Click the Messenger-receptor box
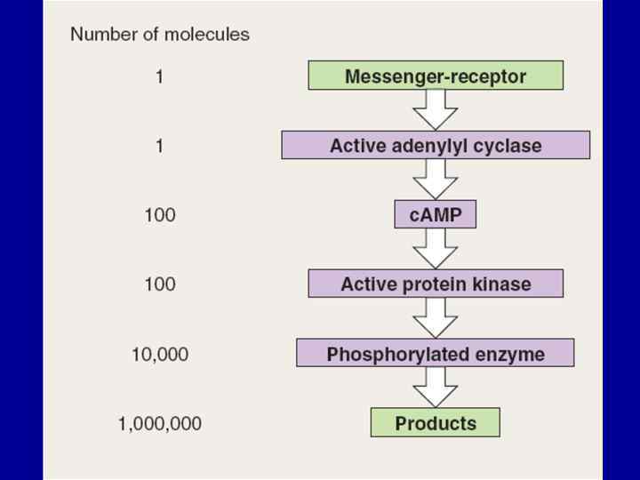tap(436, 76)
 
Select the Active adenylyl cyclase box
tap(436, 145)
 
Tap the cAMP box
tap(436, 214)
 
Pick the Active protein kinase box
tap(436, 284)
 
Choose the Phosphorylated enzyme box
tap(436, 353)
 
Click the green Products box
tap(436, 422)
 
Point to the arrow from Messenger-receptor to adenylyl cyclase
tap(436, 109)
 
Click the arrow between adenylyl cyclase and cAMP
tap(436, 180)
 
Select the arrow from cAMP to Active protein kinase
tap(436, 249)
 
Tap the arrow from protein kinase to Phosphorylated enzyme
tap(436, 318)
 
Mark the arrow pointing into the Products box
tap(436, 388)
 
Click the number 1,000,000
tap(160, 423)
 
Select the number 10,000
tap(160, 354)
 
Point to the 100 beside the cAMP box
tap(160, 215)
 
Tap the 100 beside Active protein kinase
tap(160, 284)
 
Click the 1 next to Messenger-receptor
tap(160, 76)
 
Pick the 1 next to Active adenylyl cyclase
tap(160, 146)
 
